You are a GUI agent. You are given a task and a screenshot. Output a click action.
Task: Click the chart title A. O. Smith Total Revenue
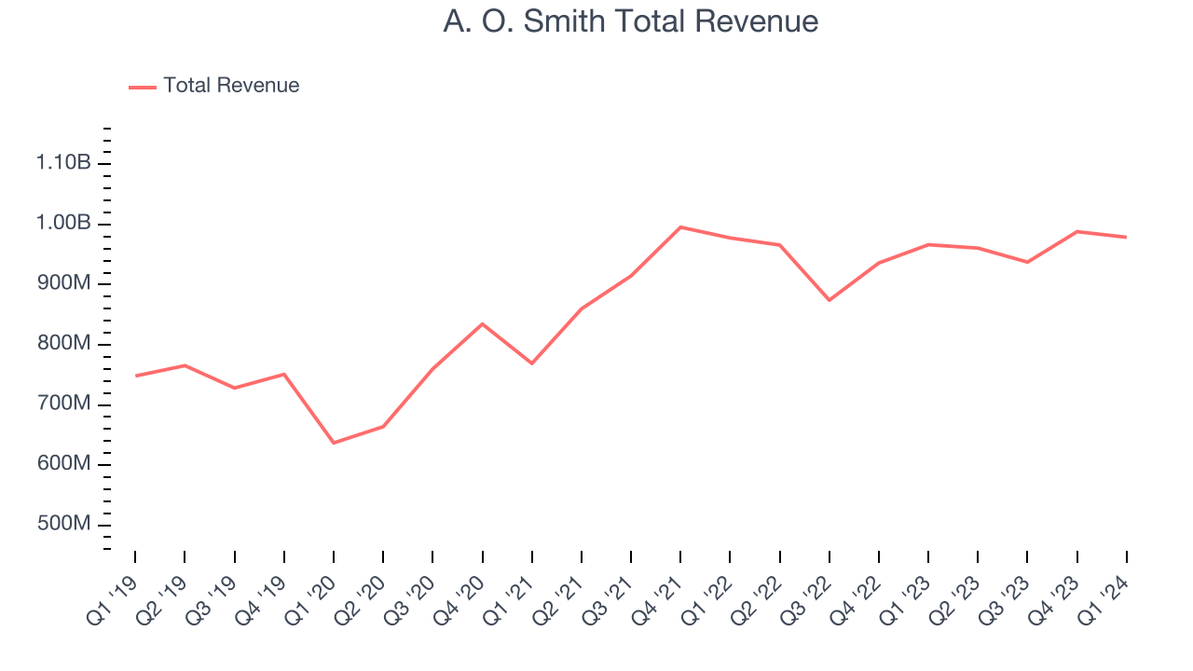pos(631,21)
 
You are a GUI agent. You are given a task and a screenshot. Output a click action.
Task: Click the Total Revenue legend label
pos(231,86)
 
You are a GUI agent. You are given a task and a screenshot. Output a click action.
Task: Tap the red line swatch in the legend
pos(143,87)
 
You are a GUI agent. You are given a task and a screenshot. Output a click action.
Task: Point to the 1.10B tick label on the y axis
pos(63,163)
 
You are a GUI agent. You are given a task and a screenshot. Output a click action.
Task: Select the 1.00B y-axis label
pos(63,224)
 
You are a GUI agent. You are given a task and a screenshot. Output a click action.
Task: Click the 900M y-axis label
pos(63,283)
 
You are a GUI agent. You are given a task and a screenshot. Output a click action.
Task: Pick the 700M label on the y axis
pos(63,404)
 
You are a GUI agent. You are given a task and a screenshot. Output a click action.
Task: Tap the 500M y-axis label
pos(63,525)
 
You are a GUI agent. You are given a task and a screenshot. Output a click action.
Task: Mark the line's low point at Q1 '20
pos(334,443)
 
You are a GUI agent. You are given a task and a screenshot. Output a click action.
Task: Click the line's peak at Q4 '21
pos(680,227)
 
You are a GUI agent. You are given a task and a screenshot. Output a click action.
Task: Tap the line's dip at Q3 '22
pos(830,300)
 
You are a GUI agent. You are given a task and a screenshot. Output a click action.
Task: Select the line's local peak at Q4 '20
pos(482,323)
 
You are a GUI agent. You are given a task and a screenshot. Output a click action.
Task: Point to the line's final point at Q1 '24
pos(1126,237)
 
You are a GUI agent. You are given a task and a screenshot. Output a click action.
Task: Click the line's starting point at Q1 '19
pos(136,376)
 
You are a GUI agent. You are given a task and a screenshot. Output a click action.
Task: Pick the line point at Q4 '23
pos(1076,231)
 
